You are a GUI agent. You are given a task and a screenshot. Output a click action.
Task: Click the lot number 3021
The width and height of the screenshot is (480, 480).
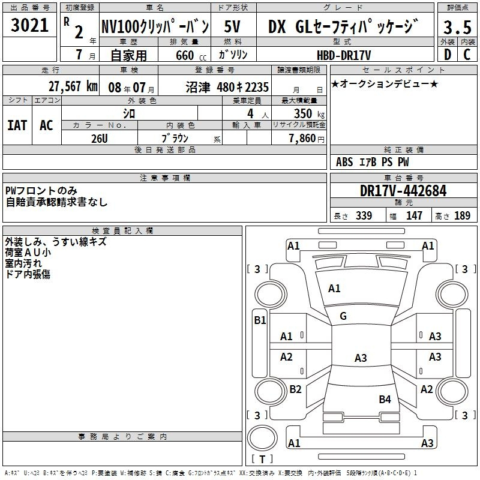coord(29,25)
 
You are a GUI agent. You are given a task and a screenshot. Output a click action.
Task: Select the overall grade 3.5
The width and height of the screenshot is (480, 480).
coord(457,27)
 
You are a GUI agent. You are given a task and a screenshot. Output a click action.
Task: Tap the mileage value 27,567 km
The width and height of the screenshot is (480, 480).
coord(73,86)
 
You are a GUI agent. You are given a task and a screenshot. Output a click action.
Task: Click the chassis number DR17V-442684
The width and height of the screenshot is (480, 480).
coord(403,191)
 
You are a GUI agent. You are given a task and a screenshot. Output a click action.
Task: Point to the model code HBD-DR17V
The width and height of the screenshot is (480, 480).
coord(344,55)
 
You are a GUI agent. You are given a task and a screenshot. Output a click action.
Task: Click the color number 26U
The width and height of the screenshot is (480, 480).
coord(100,139)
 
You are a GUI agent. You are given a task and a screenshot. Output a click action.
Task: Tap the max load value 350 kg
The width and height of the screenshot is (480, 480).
coord(309,113)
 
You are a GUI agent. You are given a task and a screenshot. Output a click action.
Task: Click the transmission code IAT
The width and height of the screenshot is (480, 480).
coord(17,125)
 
